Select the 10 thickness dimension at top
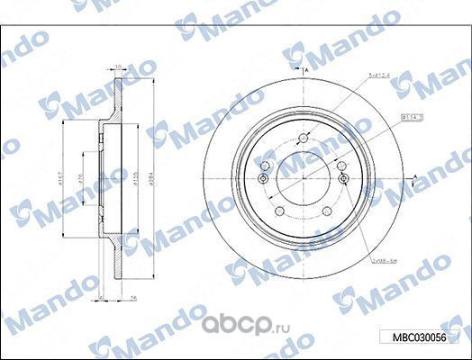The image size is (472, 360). point(117,66)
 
